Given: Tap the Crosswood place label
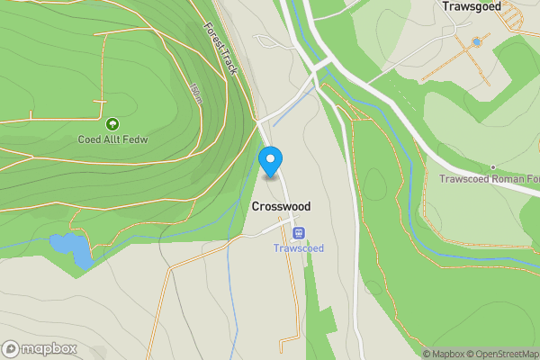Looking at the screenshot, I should [x=281, y=206].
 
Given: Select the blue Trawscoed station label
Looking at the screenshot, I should [x=298, y=248].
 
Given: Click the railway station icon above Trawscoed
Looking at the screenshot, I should [x=299, y=233].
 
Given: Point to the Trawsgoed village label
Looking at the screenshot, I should [x=472, y=6].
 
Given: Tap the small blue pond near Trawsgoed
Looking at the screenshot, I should [x=477, y=41].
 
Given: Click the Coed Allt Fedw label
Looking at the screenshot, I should [x=112, y=139].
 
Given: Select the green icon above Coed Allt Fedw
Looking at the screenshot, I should [x=112, y=124].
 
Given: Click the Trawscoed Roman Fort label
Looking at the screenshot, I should [x=490, y=178].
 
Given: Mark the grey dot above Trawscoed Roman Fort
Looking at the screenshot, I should [x=493, y=166].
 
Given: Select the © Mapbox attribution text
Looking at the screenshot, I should [x=445, y=354].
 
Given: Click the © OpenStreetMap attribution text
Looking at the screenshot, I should [x=506, y=354].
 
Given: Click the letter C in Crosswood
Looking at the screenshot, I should [x=256, y=206].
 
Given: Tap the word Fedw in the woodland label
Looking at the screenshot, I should [x=136, y=139].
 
